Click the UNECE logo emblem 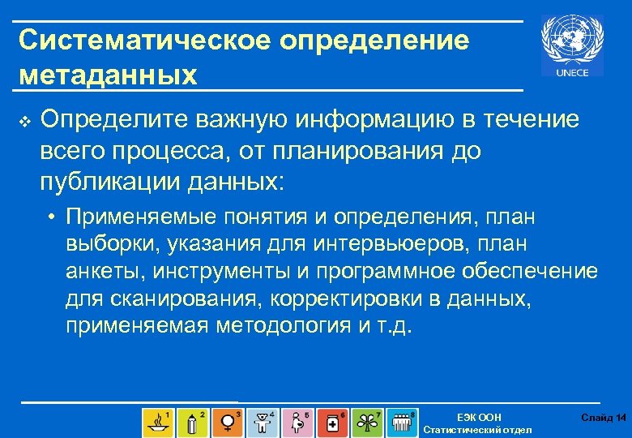pos(577,46)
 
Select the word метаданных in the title pos(108,75)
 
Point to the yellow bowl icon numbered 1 pos(156,422)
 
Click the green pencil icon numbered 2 pos(192,422)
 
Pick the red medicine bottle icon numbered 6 pos(333,422)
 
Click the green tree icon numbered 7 pos(368,422)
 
